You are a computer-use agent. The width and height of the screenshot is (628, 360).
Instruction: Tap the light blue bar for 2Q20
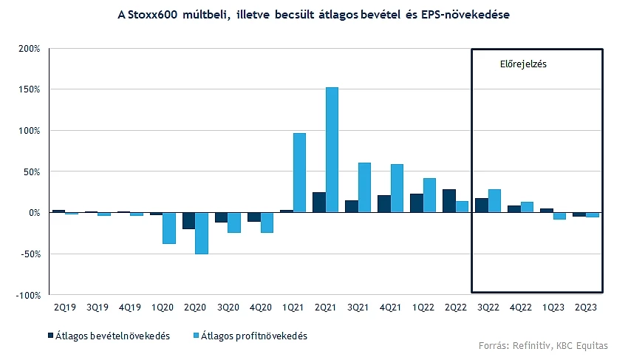click(202, 233)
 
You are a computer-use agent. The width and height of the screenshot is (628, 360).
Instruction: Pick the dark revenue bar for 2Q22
click(448, 201)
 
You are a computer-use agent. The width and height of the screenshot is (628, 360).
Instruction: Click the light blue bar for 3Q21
click(364, 188)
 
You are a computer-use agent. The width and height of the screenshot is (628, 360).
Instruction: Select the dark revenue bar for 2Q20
click(189, 220)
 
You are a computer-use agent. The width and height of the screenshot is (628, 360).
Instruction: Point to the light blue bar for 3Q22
click(494, 201)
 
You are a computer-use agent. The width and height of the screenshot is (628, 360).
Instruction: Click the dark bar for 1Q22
click(416, 203)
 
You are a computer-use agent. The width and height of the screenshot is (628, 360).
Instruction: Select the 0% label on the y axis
click(33, 213)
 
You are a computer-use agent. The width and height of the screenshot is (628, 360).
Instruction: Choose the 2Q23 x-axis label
click(586, 306)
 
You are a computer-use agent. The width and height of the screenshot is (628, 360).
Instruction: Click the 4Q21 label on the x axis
click(391, 306)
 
